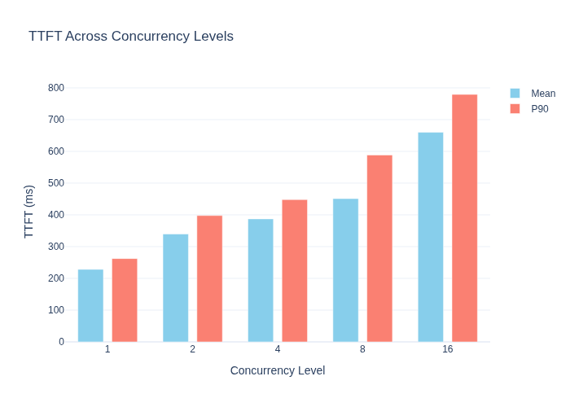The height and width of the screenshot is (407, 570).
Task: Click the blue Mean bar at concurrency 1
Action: click(90, 305)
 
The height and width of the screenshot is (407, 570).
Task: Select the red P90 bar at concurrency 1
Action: click(125, 300)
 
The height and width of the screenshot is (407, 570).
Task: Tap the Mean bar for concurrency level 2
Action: click(176, 288)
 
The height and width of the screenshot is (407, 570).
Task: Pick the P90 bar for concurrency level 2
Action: click(210, 278)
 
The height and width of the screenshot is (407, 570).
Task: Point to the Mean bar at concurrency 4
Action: click(261, 280)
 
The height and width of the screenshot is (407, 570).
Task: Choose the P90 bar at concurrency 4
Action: click(295, 271)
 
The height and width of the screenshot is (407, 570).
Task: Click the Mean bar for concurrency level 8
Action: click(346, 270)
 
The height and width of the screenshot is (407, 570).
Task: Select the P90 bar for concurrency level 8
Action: click(379, 248)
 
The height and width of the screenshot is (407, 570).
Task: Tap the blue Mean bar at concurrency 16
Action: click(431, 237)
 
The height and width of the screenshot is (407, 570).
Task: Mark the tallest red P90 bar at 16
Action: click(465, 218)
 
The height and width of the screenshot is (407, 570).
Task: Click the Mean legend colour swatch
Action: click(515, 94)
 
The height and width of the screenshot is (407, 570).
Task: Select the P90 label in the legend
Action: click(540, 109)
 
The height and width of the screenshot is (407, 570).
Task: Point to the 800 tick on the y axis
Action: click(56, 88)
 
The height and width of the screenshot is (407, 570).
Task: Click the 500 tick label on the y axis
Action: click(56, 183)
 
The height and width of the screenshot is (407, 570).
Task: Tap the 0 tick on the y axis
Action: click(61, 342)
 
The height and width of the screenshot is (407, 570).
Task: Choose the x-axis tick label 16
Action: click(448, 349)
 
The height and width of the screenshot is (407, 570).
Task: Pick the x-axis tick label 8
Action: click(362, 349)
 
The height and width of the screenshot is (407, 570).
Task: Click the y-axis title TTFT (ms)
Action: click(28, 212)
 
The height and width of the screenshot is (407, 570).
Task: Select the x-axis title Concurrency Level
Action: click(278, 370)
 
